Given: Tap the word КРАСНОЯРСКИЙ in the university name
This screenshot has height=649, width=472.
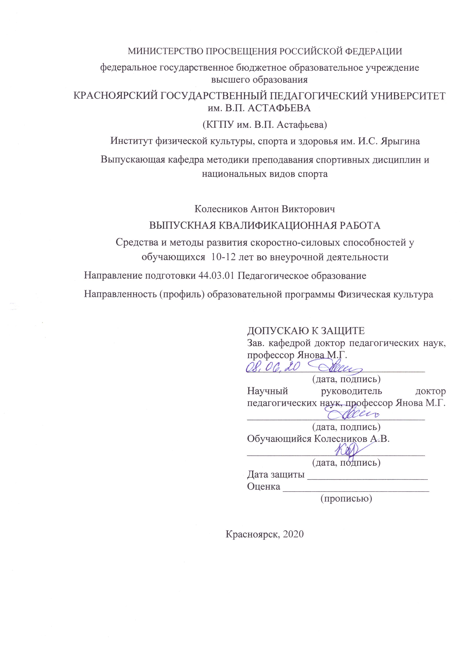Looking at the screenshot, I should [113, 96].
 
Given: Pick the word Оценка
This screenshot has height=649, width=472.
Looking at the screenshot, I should [264, 486].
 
